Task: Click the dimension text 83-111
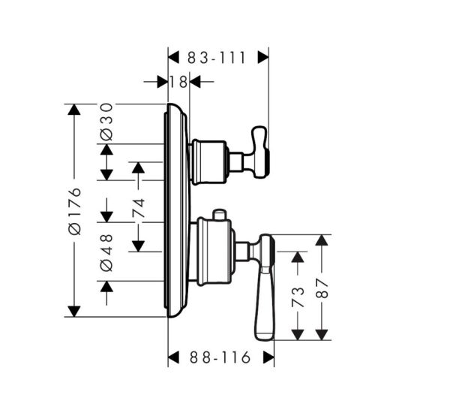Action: point(217,57)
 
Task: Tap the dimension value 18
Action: point(178,81)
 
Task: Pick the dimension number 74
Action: point(139,207)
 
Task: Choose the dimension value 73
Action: point(298,296)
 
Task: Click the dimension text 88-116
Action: point(220,358)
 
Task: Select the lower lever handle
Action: point(265,293)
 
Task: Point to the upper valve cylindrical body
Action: point(208,161)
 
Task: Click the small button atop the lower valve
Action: point(219,215)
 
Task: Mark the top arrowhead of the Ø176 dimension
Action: point(73,110)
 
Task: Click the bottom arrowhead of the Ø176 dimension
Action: point(73,311)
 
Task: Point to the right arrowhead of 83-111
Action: point(263,56)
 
